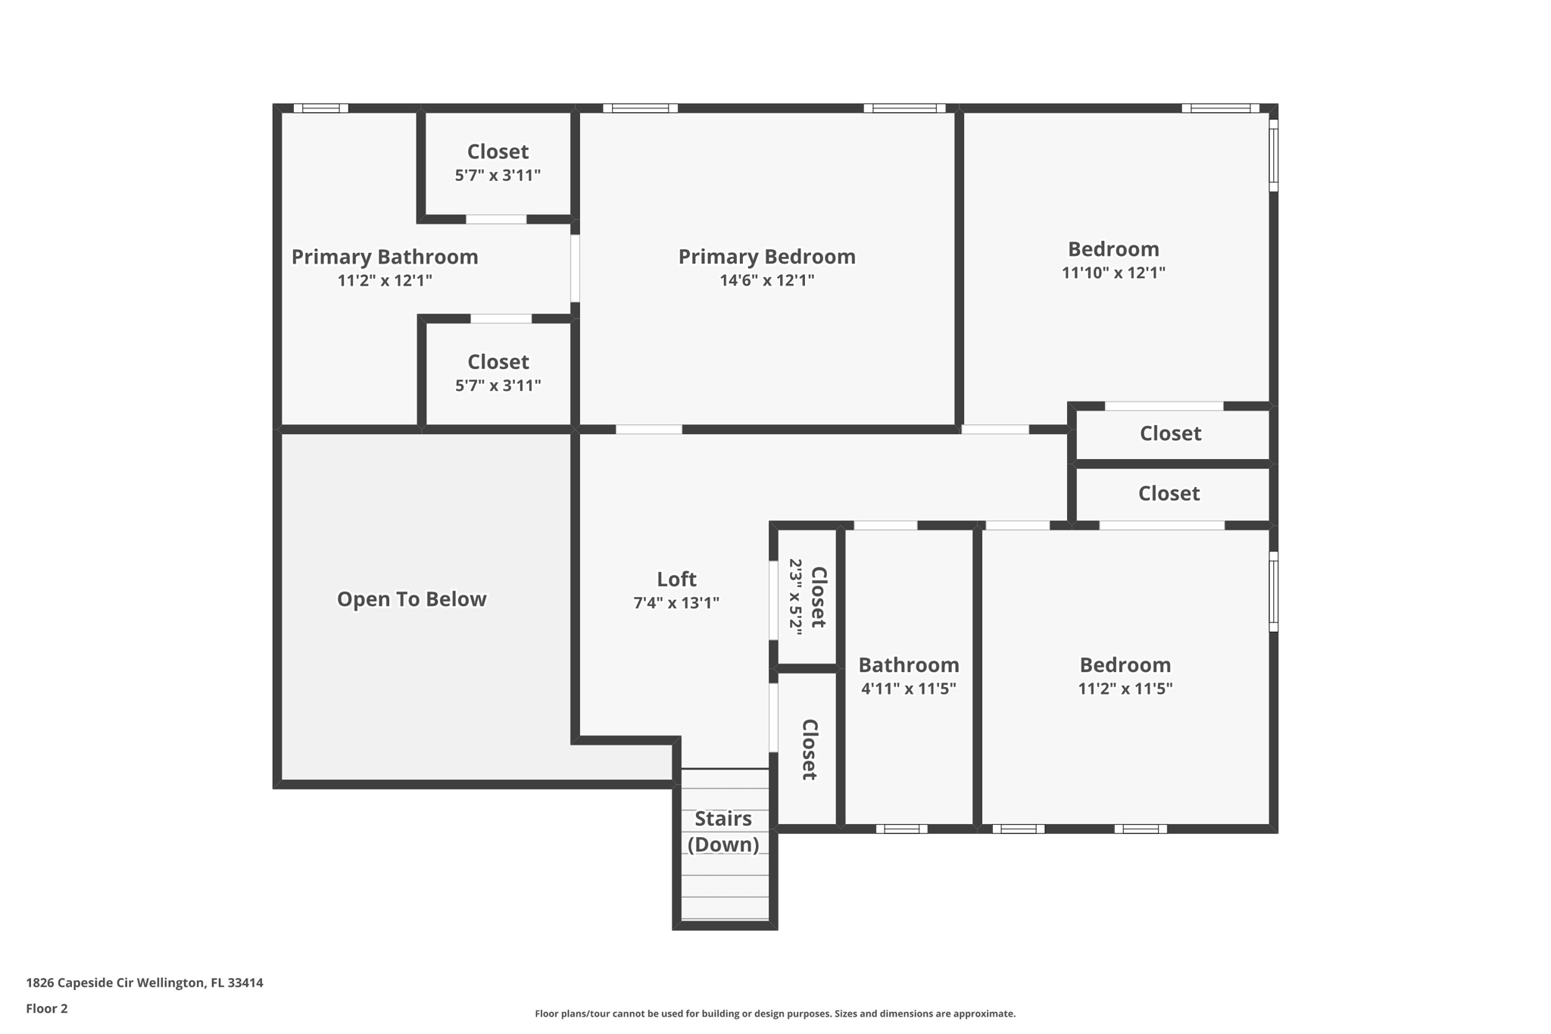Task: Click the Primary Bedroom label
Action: [766, 257]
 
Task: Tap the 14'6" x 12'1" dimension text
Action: [766, 280]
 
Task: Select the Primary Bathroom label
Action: [385, 257]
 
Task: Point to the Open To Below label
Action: [411, 599]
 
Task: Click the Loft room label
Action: [676, 579]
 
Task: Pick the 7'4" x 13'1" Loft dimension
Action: [676, 603]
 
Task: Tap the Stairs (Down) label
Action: [723, 831]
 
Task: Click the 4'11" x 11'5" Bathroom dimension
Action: [908, 689]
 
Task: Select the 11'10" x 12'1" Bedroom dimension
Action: [1113, 273]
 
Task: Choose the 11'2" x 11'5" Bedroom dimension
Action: [1125, 689]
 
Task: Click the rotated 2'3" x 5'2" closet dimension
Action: [795, 596]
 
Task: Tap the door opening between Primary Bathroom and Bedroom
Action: [575, 268]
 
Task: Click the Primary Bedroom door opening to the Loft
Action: [649, 430]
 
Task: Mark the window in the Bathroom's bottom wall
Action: [901, 829]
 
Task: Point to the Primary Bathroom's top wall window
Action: [320, 108]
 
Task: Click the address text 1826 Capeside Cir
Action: [145, 983]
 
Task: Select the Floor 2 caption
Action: [47, 1009]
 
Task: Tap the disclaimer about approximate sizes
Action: [775, 1014]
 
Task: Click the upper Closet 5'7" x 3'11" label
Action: [498, 152]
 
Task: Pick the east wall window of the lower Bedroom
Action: [1273, 592]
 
